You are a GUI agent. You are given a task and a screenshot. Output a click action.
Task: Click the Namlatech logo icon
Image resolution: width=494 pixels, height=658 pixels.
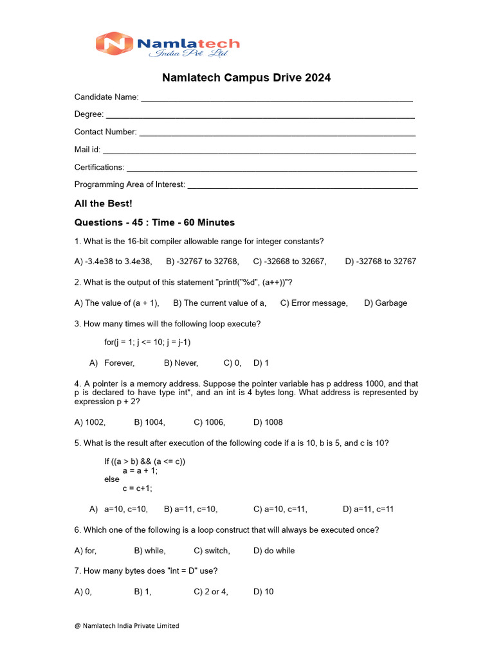(x=114, y=44)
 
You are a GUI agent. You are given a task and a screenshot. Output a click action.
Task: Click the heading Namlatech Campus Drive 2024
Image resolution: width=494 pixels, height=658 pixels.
(x=246, y=78)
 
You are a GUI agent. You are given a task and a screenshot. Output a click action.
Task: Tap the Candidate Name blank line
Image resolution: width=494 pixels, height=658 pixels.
(x=277, y=99)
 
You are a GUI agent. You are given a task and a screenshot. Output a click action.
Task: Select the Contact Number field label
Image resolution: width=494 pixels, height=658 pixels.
(x=105, y=132)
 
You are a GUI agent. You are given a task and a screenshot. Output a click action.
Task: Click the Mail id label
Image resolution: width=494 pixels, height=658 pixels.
(x=87, y=149)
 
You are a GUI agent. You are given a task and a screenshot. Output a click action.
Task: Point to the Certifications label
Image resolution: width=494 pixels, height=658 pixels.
(x=99, y=167)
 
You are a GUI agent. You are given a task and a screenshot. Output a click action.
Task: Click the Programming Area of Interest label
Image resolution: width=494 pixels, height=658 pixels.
(x=129, y=184)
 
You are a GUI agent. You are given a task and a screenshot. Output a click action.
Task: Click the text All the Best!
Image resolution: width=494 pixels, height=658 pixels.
(x=103, y=204)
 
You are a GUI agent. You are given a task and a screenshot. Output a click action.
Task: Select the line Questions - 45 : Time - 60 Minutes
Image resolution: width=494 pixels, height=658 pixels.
(x=154, y=222)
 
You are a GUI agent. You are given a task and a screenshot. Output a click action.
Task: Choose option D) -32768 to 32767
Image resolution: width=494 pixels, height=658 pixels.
(x=380, y=262)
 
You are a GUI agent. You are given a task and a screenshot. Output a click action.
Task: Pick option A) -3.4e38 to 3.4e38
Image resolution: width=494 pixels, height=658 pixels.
(x=113, y=262)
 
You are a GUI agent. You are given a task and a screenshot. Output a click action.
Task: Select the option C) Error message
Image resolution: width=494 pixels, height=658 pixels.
(x=314, y=303)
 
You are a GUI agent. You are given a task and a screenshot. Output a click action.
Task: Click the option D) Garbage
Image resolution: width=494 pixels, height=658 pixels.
(x=385, y=303)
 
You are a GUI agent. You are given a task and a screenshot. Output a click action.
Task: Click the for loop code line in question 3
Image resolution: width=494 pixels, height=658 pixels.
(x=147, y=342)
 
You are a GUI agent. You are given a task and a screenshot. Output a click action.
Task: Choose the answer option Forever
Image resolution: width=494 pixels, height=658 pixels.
(x=119, y=363)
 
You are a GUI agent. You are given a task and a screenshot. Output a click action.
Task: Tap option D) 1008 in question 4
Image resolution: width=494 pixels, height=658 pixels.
(x=268, y=422)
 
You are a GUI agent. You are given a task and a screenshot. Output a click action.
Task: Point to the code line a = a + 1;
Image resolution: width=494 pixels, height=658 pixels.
(x=140, y=470)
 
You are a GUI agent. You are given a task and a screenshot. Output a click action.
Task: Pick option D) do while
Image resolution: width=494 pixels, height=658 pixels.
(x=274, y=551)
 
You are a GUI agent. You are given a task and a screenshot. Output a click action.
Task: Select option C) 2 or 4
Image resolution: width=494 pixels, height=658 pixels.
(x=211, y=592)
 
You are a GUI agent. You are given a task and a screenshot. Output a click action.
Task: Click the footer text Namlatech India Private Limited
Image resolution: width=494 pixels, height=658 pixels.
(x=127, y=625)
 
